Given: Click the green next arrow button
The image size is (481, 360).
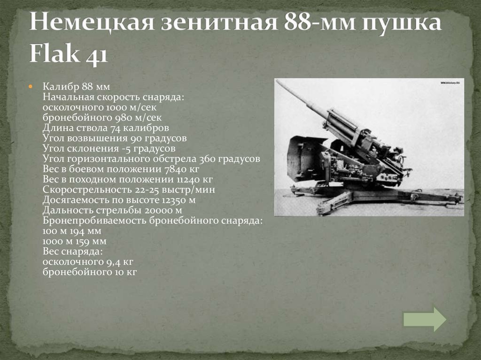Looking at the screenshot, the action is (425, 320).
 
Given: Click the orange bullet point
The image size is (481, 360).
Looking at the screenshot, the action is (30, 87).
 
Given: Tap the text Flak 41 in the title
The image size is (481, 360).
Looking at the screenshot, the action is (69, 53).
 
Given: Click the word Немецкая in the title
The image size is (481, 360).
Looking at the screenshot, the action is (92, 22).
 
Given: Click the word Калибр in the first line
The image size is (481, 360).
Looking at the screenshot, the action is (61, 87).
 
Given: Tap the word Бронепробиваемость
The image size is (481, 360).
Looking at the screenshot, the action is (94, 221).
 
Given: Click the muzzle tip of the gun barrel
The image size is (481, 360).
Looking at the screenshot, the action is (277, 81).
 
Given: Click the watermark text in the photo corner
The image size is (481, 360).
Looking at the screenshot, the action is (450, 83).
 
